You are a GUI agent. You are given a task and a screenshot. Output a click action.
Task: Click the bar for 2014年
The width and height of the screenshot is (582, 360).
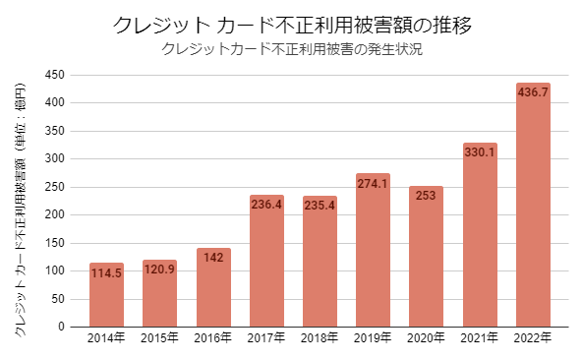click(106, 295)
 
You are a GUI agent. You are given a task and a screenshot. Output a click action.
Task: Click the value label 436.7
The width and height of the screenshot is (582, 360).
click(533, 91)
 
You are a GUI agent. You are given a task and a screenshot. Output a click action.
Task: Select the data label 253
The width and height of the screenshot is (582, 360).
click(426, 195)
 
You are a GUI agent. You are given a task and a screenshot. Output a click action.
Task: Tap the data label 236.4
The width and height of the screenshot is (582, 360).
click(266, 204)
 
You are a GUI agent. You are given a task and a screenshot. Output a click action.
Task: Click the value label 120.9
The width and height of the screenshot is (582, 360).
click(159, 269)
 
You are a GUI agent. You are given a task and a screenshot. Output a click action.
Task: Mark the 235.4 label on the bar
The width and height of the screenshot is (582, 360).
click(320, 205)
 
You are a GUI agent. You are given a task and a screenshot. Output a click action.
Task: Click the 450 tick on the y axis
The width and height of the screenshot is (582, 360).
click(54, 75)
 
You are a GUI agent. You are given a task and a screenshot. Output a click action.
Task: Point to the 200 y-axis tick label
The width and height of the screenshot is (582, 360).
click(54, 214)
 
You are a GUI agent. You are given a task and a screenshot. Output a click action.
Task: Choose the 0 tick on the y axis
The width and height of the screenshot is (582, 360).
click(61, 327)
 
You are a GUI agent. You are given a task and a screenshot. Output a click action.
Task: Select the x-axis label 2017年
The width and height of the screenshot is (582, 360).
click(266, 339)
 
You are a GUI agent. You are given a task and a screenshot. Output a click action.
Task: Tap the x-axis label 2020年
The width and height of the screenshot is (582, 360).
click(426, 339)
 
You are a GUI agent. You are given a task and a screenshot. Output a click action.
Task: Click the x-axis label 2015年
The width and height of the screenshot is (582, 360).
click(159, 339)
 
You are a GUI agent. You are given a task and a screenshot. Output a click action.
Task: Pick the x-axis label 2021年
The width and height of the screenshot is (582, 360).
click(480, 339)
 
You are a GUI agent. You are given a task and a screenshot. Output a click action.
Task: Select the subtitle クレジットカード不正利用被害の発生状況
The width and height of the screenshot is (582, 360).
click(291, 49)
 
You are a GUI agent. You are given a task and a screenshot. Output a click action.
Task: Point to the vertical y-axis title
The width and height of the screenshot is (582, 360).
click(21, 202)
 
